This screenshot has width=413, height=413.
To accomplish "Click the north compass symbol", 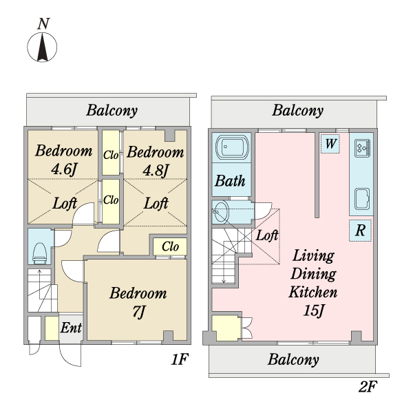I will [x=43, y=47].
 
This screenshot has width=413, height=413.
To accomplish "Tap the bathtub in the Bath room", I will [x=230, y=147].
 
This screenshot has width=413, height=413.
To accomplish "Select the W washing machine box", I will [x=330, y=144].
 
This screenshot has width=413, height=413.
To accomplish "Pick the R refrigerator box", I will [x=359, y=231].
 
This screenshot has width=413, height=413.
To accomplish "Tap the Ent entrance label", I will [x=71, y=328].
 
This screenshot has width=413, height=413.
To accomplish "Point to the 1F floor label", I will [x=180, y=360].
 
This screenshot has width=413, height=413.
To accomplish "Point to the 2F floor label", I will [x=368, y=386].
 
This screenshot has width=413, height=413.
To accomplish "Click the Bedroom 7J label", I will [x=138, y=302].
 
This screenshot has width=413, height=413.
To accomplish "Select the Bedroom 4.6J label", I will [x=64, y=160].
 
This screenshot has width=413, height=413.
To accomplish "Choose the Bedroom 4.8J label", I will [x=156, y=160].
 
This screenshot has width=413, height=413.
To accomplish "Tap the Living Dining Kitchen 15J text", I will [x=313, y=283].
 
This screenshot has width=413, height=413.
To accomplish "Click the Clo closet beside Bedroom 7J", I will [x=171, y=246].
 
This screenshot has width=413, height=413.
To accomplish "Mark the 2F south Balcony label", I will [x=293, y=359].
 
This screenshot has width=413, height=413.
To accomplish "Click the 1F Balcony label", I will [x=112, y=110].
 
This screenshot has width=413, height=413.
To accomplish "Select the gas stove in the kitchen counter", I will [x=362, y=147].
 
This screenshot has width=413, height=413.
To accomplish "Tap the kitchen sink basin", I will [x=362, y=199].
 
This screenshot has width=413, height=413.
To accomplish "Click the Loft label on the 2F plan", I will [x=267, y=235].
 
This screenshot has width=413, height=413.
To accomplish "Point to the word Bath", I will [x=230, y=182].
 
